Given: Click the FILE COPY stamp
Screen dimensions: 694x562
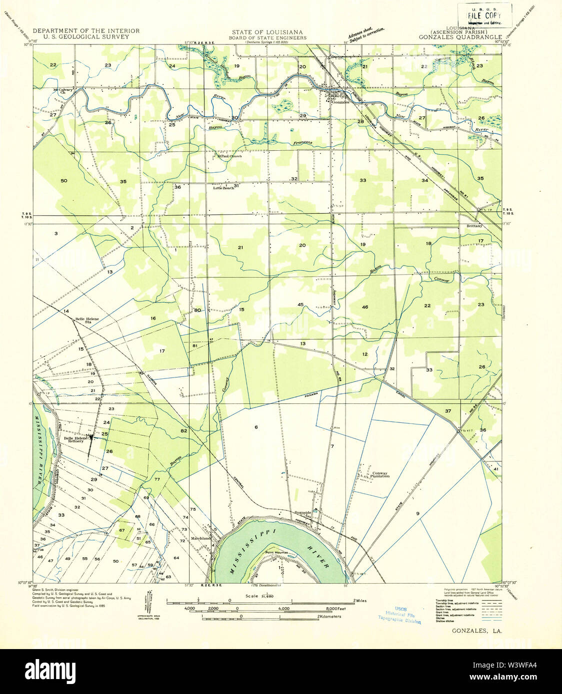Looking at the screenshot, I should pyautogui.click(x=485, y=15).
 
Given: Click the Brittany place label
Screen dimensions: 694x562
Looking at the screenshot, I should pyautogui.click(x=474, y=226).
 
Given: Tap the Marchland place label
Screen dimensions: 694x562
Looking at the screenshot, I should pyautogui.click(x=201, y=539).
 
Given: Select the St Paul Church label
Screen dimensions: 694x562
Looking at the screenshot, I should pyautogui.click(x=228, y=156).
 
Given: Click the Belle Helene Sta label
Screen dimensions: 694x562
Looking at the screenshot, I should pyautogui.click(x=87, y=321).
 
